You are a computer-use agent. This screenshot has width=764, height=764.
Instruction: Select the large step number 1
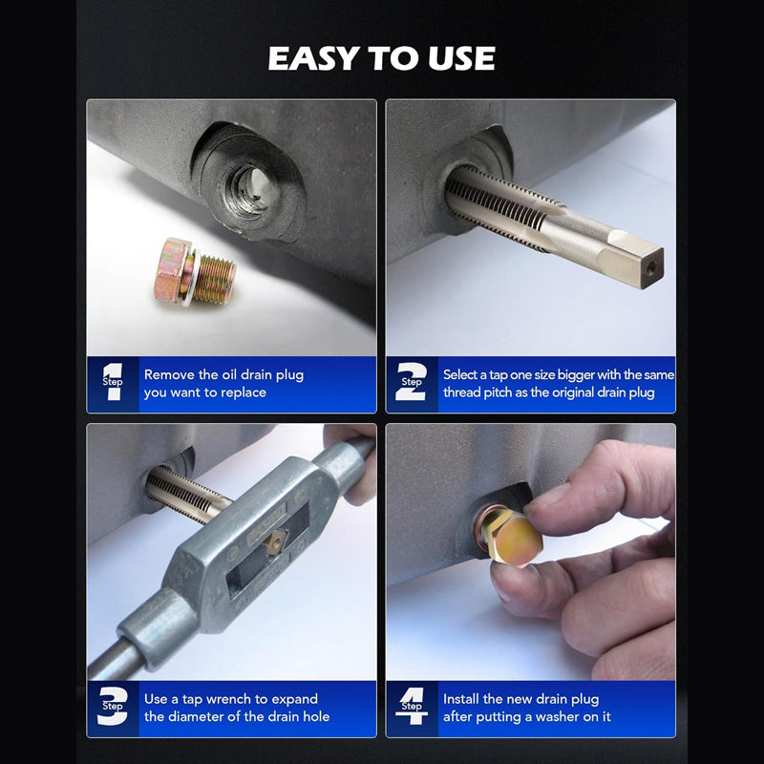tap(113, 383)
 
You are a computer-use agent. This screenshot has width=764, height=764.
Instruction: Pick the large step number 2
tap(412, 383)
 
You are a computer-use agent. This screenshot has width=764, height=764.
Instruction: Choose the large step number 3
tap(113, 708)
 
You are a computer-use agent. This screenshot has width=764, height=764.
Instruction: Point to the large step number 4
tap(412, 708)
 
